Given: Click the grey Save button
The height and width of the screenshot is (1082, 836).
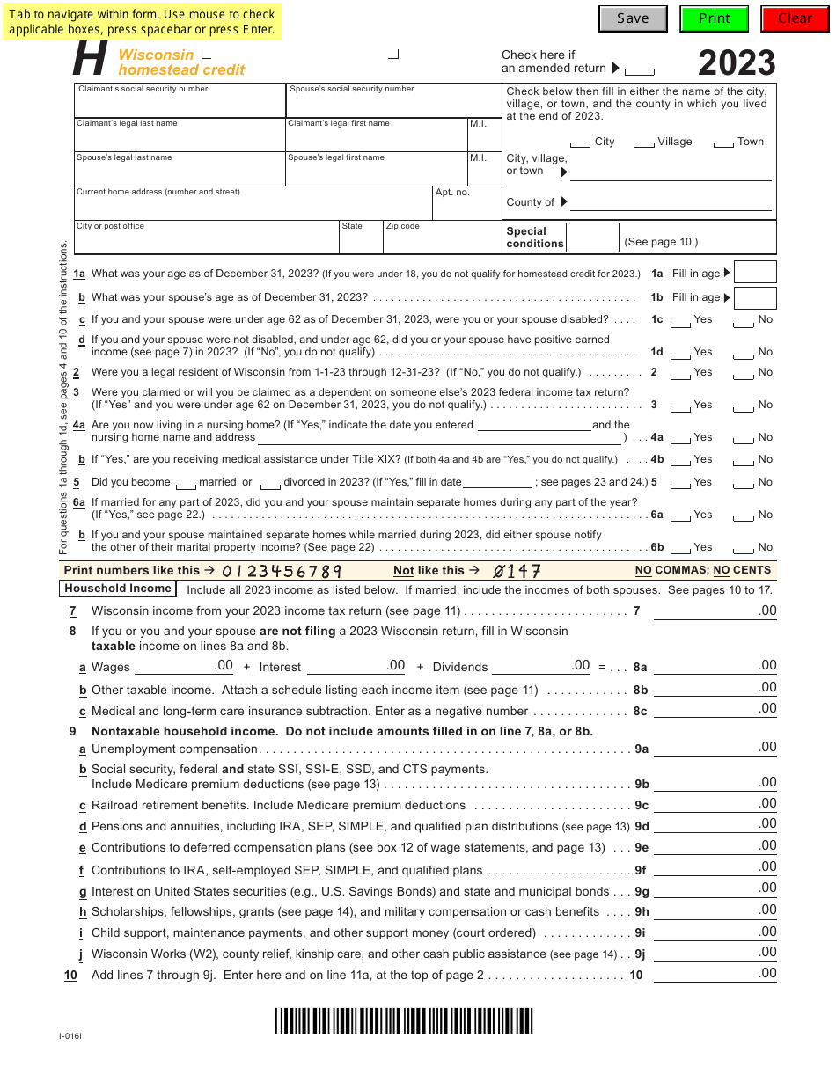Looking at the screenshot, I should pyautogui.click(x=632, y=18).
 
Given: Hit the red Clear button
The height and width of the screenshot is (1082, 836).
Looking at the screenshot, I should pyautogui.click(x=795, y=18).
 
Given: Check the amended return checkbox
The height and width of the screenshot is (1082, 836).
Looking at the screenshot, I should pyautogui.click(x=640, y=70).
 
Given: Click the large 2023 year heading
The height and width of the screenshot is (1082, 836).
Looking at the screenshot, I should pyautogui.click(x=737, y=63).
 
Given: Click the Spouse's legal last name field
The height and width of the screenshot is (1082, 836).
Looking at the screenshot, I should pyautogui.click(x=180, y=172).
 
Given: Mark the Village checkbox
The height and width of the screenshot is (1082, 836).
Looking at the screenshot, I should pyautogui.click(x=644, y=143).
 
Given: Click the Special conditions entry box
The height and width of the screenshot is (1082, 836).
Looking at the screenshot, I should pyautogui.click(x=592, y=238).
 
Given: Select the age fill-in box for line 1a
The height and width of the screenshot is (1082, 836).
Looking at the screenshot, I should pyautogui.click(x=755, y=273).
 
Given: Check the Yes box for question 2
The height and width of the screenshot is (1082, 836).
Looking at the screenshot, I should pyautogui.click(x=680, y=375).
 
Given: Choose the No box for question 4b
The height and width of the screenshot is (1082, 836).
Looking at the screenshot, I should pyautogui.click(x=744, y=462).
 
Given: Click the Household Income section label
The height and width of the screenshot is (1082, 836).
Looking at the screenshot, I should pyautogui.click(x=118, y=589).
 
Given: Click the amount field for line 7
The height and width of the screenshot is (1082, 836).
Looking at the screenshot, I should pyautogui.click(x=715, y=610).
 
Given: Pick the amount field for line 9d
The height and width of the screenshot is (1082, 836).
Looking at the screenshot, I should pyautogui.click(x=715, y=825).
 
